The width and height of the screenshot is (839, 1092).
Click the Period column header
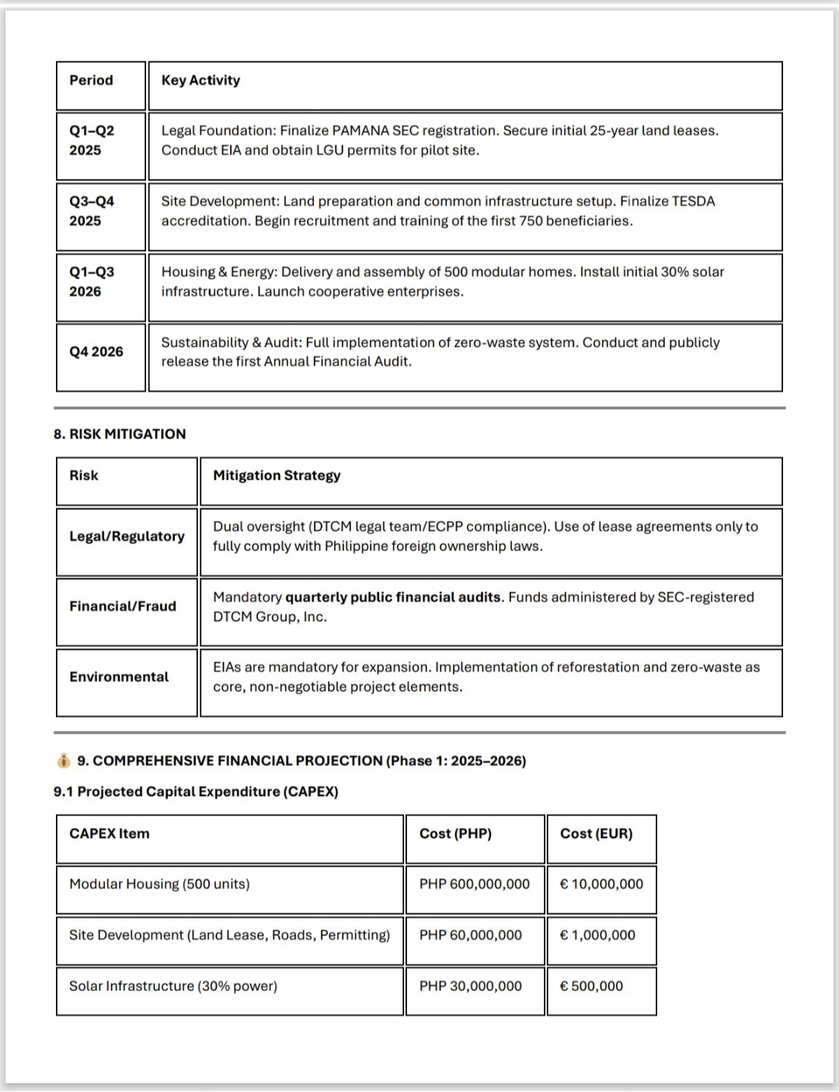pyautogui.click(x=91, y=81)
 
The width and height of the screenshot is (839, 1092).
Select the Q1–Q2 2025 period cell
pyautogui.click(x=92, y=141)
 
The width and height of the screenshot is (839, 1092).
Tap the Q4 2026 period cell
pyautogui.click(x=96, y=352)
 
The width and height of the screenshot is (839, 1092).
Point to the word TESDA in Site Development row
pyautogui.click(x=693, y=201)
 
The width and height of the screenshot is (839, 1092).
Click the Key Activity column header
pyautogui.click(x=200, y=81)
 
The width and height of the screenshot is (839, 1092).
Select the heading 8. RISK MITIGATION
pyautogui.click(x=120, y=434)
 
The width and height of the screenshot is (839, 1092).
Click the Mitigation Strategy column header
pyautogui.click(x=277, y=476)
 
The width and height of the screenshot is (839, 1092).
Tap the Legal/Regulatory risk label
pyautogui.click(x=127, y=536)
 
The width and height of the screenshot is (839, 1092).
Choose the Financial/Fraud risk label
pyautogui.click(x=123, y=606)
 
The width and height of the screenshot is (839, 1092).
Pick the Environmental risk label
pyautogui.click(x=119, y=677)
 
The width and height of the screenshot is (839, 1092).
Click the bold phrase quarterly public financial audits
pyautogui.click(x=393, y=598)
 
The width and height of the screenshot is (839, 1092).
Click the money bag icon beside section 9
pyautogui.click(x=63, y=761)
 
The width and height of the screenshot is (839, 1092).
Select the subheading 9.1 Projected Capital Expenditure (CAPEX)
pyautogui.click(x=196, y=792)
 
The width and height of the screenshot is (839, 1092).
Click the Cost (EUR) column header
pyautogui.click(x=596, y=834)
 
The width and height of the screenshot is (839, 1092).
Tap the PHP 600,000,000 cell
pyautogui.click(x=474, y=884)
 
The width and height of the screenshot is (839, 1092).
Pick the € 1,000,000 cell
pyautogui.click(x=597, y=936)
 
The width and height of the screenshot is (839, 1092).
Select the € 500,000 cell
pyautogui.click(x=591, y=986)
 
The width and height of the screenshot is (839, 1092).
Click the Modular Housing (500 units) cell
pyautogui.click(x=159, y=884)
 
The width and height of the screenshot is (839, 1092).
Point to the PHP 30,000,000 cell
pyautogui.click(x=470, y=986)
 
